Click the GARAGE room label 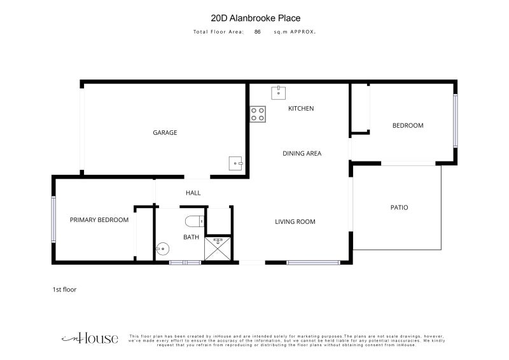coord(165,132)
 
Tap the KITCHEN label coord(301,108)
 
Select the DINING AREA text coord(302,153)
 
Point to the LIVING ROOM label coord(295,222)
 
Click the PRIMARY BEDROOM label coord(99,220)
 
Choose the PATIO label coord(399,207)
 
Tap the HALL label coord(193,193)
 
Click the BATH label coord(192,237)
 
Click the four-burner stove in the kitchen coord(258,114)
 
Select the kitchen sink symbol coord(279,93)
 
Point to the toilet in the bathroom coord(195,222)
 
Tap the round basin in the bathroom coord(162,249)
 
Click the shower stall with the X coord(218,249)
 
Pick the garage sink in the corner coord(235,163)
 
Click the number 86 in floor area coord(258,32)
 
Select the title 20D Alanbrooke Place coord(256,18)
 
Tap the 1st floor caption coord(64,289)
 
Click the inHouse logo coord(90,338)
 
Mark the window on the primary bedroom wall coord(53,219)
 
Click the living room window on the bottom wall coord(313,263)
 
